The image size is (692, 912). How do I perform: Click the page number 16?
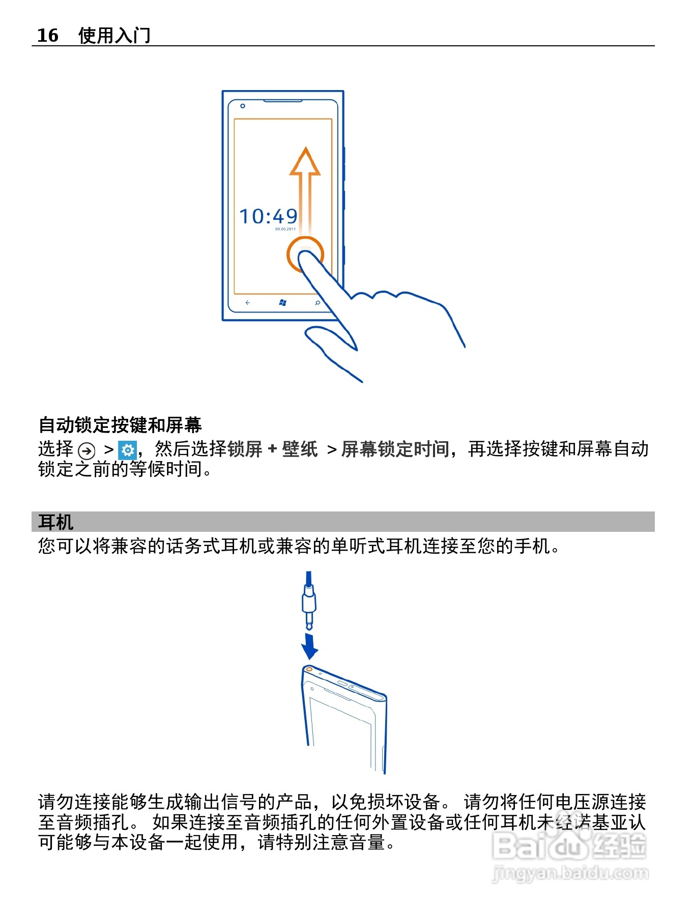point(48,35)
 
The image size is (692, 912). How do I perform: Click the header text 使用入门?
point(114,35)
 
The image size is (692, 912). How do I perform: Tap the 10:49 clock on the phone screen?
point(269,217)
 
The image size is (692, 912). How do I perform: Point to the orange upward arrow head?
point(305,162)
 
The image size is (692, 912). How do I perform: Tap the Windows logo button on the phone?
point(283,303)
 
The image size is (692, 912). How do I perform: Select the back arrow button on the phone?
point(248,303)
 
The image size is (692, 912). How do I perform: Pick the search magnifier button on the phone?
point(318,303)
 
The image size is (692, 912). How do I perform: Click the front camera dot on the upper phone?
point(243,106)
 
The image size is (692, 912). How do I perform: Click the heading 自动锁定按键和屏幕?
point(120,424)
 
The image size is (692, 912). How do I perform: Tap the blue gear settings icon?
point(127,450)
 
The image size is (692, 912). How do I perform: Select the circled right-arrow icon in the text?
point(87,450)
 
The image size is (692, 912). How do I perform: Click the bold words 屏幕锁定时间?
point(395,449)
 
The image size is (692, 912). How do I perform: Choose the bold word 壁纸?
point(300,449)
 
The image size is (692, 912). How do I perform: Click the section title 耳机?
point(55,522)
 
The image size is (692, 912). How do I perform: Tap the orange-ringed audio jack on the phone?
point(309,670)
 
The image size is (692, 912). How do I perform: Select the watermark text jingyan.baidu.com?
point(570,873)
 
